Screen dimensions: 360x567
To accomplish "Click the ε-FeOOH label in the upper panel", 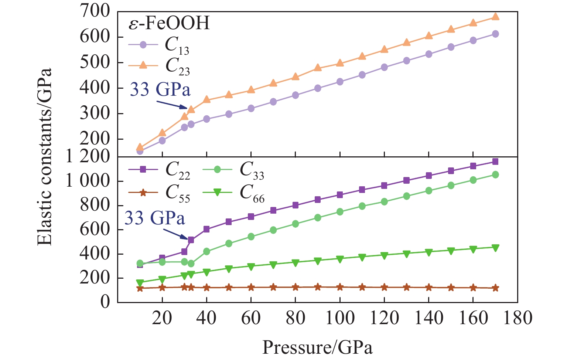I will coord(169,23).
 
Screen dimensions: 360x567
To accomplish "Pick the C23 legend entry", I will coord(159,65).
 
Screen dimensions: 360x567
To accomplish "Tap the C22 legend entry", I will coord(159,170).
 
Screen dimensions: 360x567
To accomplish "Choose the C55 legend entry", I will coord(159,193).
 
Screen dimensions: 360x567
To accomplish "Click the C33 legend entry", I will coord(233,170).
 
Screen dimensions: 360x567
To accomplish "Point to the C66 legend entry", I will coord(233,193).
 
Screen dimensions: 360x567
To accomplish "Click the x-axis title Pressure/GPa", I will coord(317,347).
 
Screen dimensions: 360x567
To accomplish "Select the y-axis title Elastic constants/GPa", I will coord(45,157).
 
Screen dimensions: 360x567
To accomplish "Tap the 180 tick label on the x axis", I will coord(517,317).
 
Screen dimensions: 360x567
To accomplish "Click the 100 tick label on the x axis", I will coord(339,317).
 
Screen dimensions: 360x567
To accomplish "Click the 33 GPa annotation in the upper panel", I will coord(160,89).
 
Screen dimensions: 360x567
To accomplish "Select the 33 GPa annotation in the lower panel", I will coord(154,218).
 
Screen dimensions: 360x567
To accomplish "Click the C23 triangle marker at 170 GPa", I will coord(495,17).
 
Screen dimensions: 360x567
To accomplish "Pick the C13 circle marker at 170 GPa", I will coord(495,34).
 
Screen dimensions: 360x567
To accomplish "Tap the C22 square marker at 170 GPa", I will coord(495,162).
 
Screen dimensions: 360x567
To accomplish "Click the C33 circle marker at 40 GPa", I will coord(206,251).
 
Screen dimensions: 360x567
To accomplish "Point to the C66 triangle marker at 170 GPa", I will coord(495,248).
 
